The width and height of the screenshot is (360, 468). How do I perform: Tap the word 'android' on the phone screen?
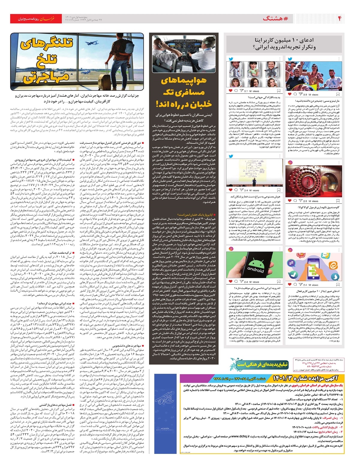click(x=255, y=269)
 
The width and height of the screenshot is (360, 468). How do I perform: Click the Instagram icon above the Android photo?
click(x=231, y=249)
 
